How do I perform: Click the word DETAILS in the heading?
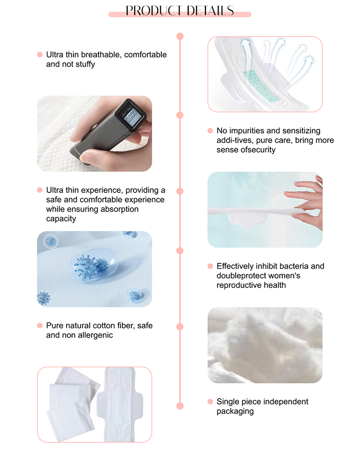click(x=210, y=11)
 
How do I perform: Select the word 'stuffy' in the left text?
click(x=85, y=64)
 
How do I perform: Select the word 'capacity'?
click(x=61, y=219)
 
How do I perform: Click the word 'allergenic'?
click(x=95, y=335)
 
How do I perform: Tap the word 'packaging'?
click(x=235, y=411)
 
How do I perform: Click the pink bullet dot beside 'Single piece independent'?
click(x=210, y=402)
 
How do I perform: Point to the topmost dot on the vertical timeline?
click(x=180, y=36)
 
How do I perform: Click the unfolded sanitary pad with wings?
click(x=120, y=404)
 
